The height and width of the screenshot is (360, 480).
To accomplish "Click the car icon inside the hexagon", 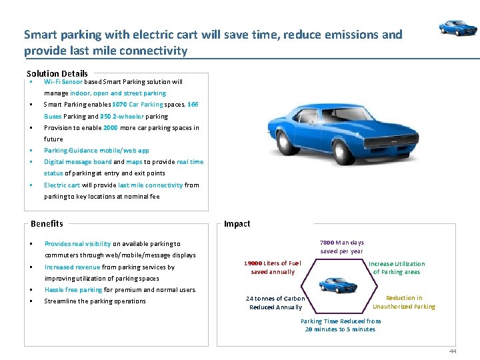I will point(338,285).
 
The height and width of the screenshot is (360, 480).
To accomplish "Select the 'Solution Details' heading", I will point(57,73).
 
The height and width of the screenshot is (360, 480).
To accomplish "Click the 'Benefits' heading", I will point(47,224).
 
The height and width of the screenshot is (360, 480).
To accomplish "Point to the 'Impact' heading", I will point(237,224).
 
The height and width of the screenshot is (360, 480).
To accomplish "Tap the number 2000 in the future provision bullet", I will point(111,127).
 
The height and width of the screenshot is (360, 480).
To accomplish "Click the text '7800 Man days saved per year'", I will point(342,247).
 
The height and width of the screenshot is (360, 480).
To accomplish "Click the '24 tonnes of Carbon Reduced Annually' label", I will point(275,303).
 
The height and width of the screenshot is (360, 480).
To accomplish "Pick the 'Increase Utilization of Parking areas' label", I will point(397,268).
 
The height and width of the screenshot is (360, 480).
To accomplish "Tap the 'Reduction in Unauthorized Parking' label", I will point(404,302).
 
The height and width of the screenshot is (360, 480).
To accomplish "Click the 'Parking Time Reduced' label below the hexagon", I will point(341,325).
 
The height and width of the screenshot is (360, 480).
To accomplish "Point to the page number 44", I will point(453,351).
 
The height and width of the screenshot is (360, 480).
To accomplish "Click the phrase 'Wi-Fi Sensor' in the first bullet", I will point(63,82).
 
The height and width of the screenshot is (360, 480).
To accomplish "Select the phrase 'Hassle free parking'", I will point(73,290).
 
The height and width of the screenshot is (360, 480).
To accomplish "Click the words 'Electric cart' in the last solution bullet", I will point(62,185).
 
